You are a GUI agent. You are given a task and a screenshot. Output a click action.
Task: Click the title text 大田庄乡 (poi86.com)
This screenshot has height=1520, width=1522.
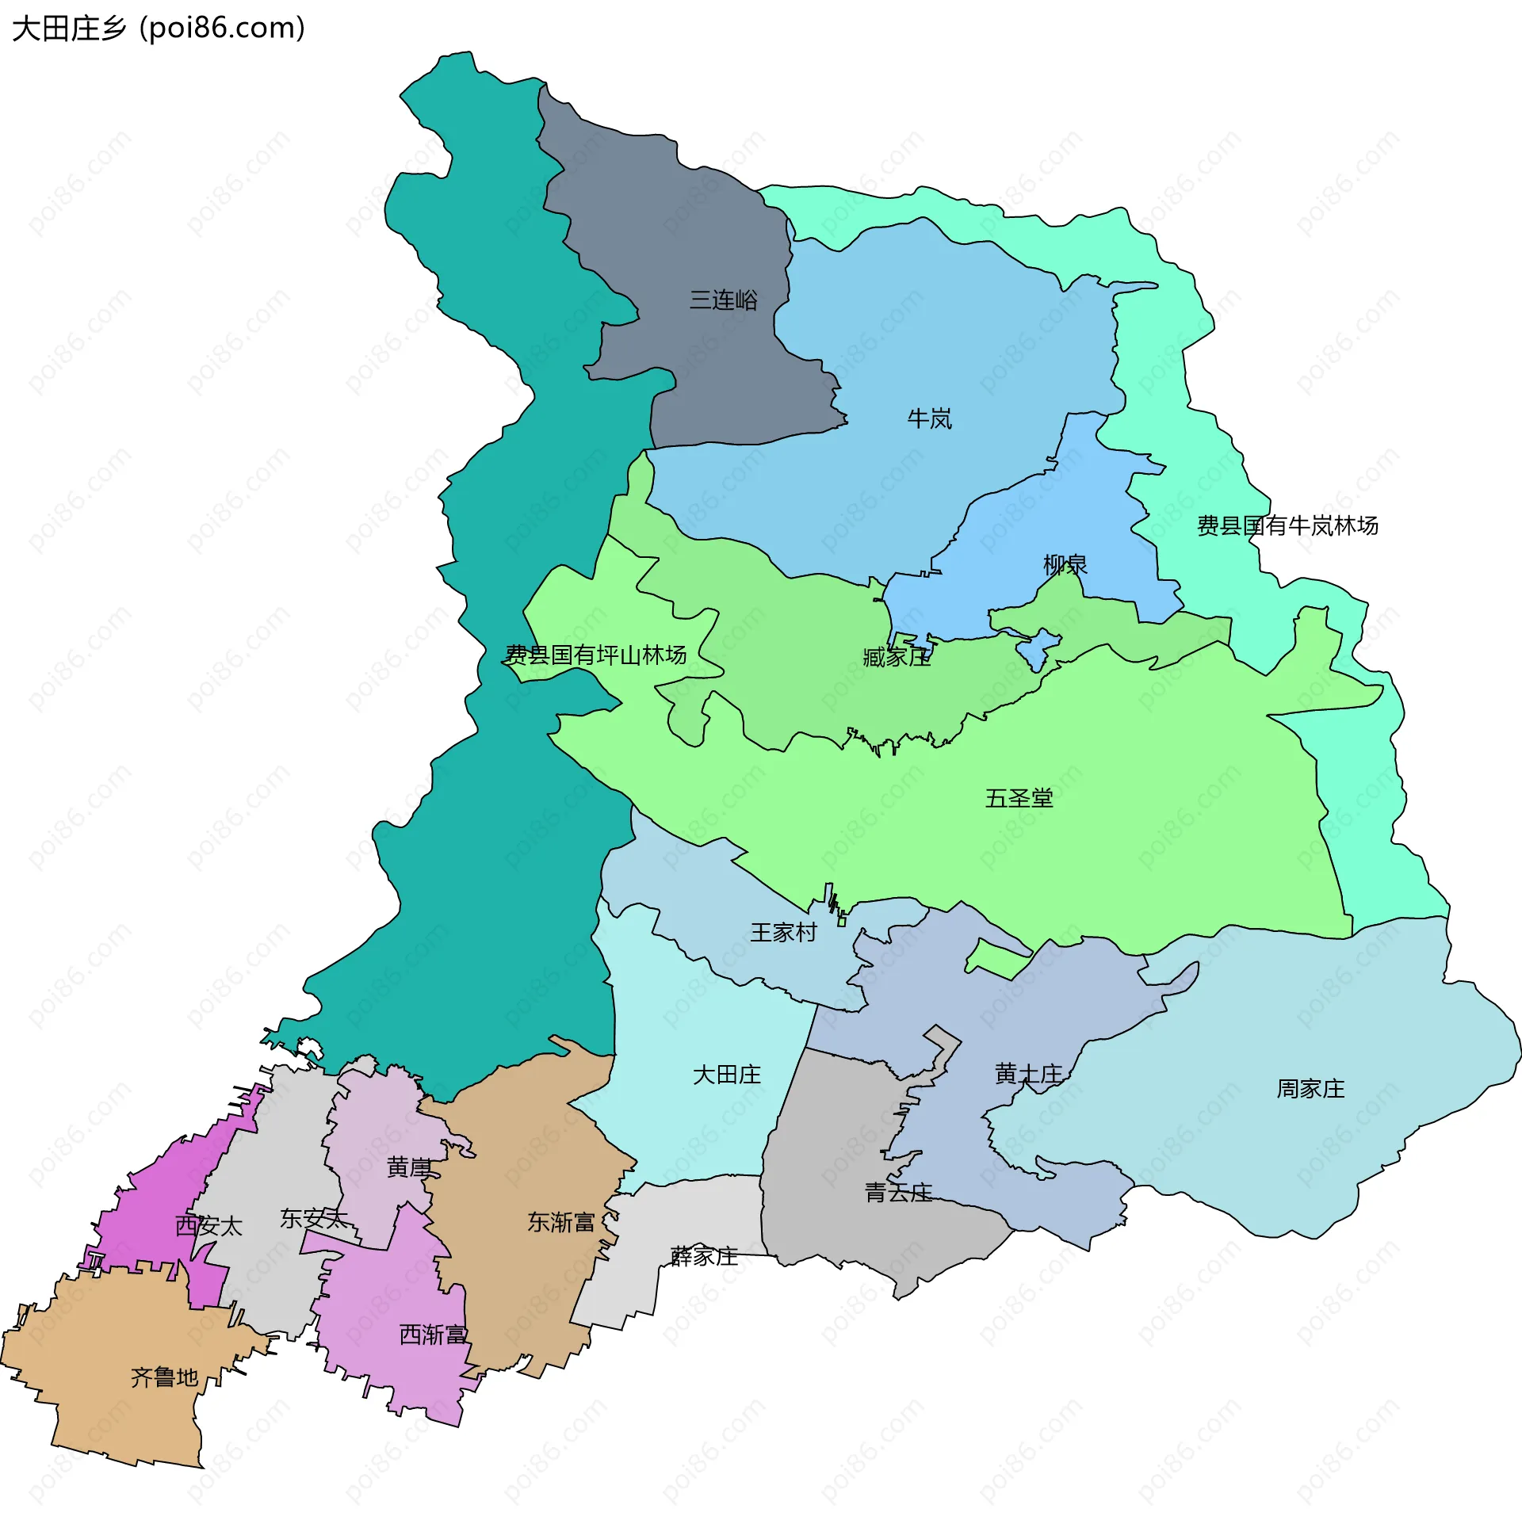pyautogui.click(x=159, y=29)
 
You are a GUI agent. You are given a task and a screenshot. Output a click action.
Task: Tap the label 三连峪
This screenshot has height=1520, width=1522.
pyautogui.click(x=723, y=300)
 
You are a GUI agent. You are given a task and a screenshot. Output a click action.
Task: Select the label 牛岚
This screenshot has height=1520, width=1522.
pyautogui.click(x=929, y=418)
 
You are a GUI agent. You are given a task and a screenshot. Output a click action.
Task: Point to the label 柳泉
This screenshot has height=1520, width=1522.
pyautogui.click(x=1065, y=564)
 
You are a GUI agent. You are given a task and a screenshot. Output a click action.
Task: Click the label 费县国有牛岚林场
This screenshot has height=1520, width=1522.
pyautogui.click(x=1287, y=525)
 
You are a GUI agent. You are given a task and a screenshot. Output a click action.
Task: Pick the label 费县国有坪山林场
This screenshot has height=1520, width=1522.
pyautogui.click(x=596, y=655)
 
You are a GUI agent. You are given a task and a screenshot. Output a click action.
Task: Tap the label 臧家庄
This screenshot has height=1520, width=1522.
pyautogui.click(x=897, y=657)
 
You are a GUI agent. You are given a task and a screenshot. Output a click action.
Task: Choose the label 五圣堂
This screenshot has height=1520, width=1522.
pyautogui.click(x=1019, y=798)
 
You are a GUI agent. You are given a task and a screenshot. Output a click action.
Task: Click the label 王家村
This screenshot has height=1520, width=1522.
pyautogui.click(x=783, y=932)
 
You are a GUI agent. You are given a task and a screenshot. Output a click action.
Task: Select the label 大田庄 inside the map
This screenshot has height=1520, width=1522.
pyautogui.click(x=726, y=1075)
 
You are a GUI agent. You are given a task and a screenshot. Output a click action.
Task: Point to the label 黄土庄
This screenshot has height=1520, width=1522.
pyautogui.click(x=1028, y=1074)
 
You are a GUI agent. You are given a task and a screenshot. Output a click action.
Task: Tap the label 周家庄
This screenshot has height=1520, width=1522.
pyautogui.click(x=1310, y=1089)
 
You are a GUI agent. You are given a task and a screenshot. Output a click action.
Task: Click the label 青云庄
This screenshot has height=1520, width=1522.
pyautogui.click(x=898, y=1193)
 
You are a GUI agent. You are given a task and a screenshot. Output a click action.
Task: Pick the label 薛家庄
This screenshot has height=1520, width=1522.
pyautogui.click(x=704, y=1256)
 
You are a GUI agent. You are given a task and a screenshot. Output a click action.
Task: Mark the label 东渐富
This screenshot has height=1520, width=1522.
pyautogui.click(x=561, y=1222)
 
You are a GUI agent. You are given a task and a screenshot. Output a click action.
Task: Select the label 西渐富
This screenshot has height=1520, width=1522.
pyautogui.click(x=433, y=1335)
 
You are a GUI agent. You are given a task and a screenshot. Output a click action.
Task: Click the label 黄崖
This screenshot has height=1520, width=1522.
pyautogui.click(x=409, y=1167)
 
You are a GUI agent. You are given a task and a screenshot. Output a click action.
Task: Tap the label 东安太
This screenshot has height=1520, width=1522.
pyautogui.click(x=314, y=1219)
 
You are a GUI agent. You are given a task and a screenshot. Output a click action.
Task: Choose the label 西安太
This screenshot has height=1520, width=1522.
pyautogui.click(x=208, y=1226)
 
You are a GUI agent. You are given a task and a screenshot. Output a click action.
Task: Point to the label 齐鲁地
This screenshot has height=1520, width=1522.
pyautogui.click(x=164, y=1377)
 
